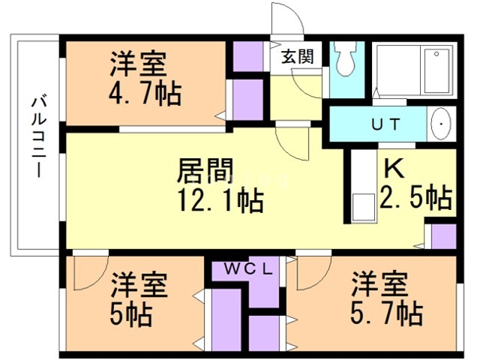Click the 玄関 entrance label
[x=298, y=56]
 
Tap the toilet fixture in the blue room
[x=345, y=59]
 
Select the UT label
[x=385, y=124]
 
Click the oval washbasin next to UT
[x=441, y=124]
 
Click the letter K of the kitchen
[x=394, y=168]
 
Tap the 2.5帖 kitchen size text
[x=416, y=197]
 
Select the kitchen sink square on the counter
[x=364, y=206]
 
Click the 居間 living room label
[x=205, y=170]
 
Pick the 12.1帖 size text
[x=220, y=201]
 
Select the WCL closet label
[x=248, y=269]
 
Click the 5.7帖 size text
[x=386, y=313]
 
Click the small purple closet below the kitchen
[x=443, y=236]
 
